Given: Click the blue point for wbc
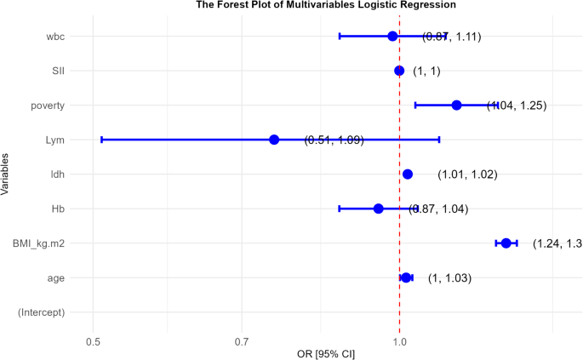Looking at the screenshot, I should (x=392, y=36).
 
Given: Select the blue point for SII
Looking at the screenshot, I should (x=399, y=71).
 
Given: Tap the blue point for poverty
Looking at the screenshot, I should (x=456, y=105).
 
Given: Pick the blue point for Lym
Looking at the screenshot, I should (x=274, y=140).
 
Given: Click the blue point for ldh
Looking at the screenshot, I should (x=408, y=174).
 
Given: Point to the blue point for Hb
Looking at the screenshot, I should (x=379, y=209).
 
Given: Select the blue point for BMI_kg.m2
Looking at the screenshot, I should (x=506, y=243).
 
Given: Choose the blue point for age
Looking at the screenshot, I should (x=406, y=277).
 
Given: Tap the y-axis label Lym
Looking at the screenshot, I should (x=56, y=140).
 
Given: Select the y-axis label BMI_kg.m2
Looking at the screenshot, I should (x=38, y=243).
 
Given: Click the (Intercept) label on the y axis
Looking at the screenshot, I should (x=42, y=312).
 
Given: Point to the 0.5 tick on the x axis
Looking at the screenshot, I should (x=93, y=343).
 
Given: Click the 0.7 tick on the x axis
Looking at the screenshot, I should (x=242, y=343).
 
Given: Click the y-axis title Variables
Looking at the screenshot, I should (x=6, y=174).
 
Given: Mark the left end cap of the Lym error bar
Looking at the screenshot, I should (x=101, y=140).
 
